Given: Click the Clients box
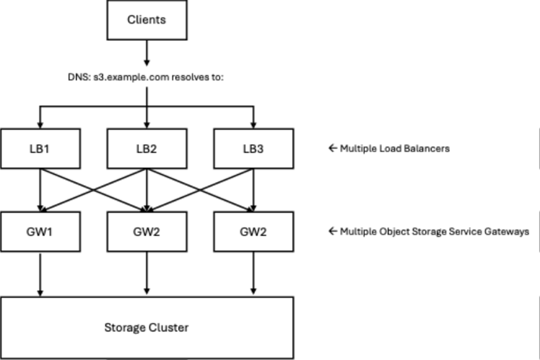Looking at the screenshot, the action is [147, 20].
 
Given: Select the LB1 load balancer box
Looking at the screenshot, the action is [41, 149].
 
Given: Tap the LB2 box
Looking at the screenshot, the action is [147, 149].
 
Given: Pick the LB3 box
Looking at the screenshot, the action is [254, 149].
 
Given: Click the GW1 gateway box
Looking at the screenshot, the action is [41, 231].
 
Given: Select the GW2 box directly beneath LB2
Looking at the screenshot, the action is [147, 231].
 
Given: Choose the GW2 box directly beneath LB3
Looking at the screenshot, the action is [254, 231].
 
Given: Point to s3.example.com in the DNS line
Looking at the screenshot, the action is [131, 77].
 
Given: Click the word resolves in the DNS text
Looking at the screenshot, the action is [191, 77].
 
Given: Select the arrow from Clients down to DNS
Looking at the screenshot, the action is [147, 53].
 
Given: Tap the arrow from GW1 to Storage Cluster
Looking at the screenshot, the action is [40, 275].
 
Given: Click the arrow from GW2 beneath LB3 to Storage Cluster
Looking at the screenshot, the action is [254, 273].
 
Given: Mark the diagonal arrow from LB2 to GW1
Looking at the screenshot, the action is [93, 190].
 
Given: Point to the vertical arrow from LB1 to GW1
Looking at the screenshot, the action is [40, 190].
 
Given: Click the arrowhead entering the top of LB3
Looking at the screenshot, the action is [254, 125].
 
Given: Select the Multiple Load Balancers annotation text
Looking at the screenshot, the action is [395, 149].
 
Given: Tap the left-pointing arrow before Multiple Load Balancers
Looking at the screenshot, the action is [333, 148].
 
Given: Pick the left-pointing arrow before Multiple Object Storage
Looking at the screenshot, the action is [333, 231].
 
